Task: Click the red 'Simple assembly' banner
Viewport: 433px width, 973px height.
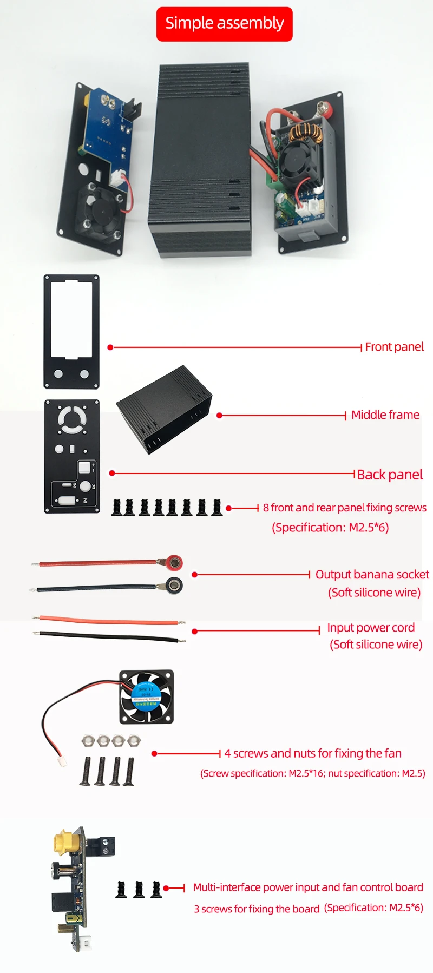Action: click(225, 24)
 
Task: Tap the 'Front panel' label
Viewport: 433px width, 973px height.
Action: click(394, 347)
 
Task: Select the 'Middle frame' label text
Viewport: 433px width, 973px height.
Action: click(385, 415)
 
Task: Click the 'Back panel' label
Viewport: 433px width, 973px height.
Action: click(390, 475)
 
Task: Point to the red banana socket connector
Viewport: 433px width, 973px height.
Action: click(173, 563)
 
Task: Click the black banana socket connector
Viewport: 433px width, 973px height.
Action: click(174, 586)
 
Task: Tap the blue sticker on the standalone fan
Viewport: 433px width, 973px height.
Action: click(146, 695)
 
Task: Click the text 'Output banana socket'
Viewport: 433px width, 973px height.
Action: click(372, 575)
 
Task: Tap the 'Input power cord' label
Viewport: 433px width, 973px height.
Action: click(371, 628)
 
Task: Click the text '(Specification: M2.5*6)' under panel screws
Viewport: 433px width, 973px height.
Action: click(330, 528)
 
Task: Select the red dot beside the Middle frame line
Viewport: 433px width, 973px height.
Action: click(219, 416)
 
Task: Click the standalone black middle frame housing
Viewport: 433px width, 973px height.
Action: click(163, 409)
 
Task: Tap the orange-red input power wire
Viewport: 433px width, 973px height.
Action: click(108, 620)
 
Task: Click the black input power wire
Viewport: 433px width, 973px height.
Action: click(108, 636)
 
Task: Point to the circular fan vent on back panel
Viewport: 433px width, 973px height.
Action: click(72, 419)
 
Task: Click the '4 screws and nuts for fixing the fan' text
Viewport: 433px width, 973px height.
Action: click(313, 753)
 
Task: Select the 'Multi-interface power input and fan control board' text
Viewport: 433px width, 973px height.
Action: click(308, 887)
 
